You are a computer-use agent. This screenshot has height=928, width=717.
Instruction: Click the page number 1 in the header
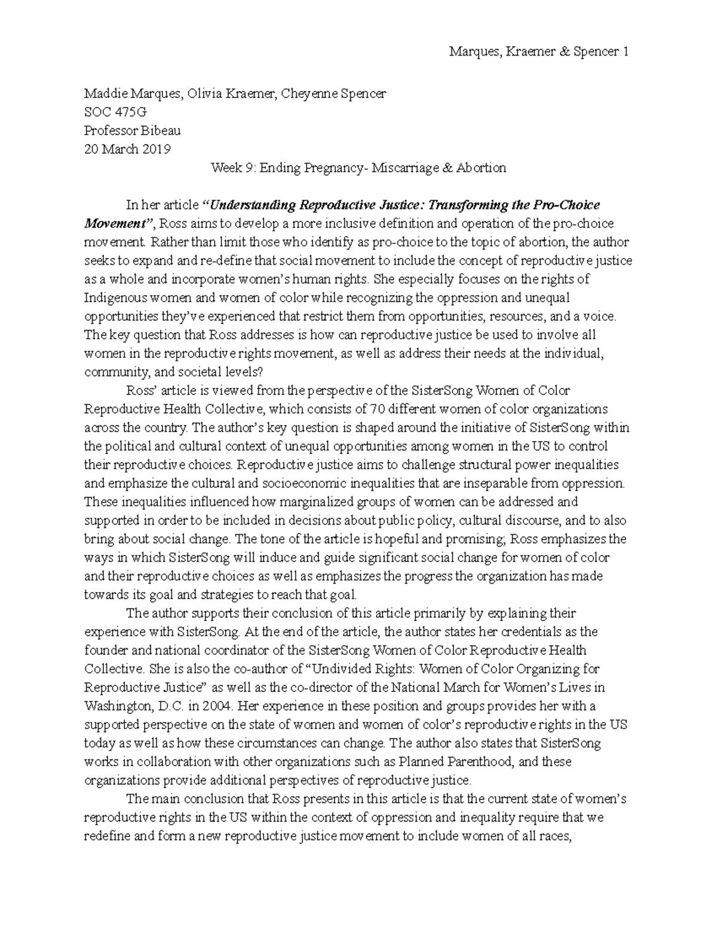point(625,52)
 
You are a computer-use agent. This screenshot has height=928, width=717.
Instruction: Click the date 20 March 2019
point(127,149)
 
